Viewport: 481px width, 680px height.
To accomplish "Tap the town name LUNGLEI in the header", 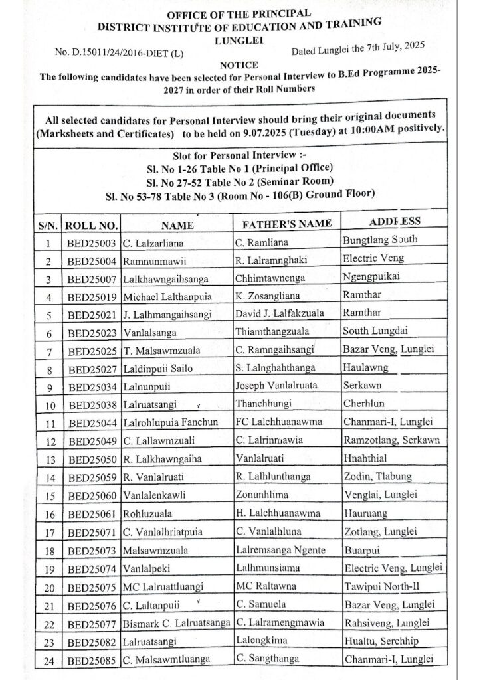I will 240,39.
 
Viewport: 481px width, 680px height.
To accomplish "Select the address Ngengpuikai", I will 373,276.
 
